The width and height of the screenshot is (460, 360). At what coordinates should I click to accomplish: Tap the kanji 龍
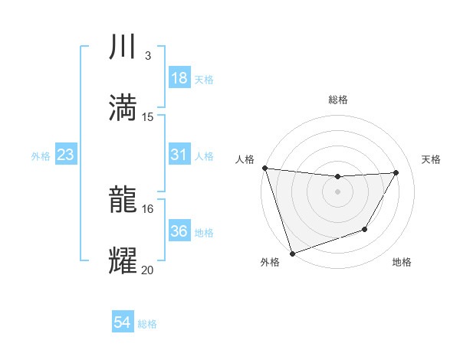(123, 201)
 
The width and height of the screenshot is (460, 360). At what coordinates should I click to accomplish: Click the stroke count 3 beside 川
(147, 56)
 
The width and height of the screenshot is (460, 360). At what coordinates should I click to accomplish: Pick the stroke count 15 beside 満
(148, 116)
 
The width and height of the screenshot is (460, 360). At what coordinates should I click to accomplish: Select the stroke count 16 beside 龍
(148, 208)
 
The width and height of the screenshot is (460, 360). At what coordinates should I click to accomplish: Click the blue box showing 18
(179, 78)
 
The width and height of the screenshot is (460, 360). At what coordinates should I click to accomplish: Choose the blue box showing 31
(179, 155)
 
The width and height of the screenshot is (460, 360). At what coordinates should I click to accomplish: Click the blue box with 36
(179, 231)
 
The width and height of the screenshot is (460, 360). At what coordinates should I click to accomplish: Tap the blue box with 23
(66, 155)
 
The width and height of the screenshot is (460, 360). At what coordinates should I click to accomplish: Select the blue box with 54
(123, 323)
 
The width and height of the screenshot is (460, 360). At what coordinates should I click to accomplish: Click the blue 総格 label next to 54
(147, 324)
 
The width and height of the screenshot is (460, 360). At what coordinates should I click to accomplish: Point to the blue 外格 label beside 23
(41, 156)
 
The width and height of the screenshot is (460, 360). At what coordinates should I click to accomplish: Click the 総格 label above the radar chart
(338, 100)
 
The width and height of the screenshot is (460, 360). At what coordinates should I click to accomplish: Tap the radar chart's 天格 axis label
(431, 159)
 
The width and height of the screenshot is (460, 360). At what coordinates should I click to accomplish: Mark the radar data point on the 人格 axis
(264, 168)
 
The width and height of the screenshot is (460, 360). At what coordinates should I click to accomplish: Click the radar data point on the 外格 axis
(292, 253)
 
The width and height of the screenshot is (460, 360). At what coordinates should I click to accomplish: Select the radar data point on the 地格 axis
(365, 229)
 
